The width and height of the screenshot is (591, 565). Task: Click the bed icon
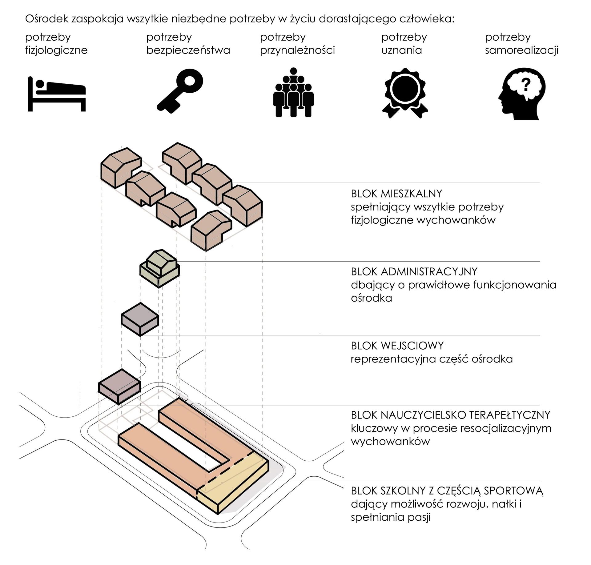pyautogui.click(x=57, y=94)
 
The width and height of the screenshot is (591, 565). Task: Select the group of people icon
pyautogui.click(x=293, y=92)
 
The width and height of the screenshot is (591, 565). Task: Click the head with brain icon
pyautogui.click(x=522, y=94)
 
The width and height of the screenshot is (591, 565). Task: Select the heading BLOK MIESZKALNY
pyautogui.click(x=396, y=194)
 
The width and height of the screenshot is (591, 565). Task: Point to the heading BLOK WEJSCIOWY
pyautogui.click(x=397, y=346)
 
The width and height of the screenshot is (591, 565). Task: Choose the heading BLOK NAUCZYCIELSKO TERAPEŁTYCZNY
pyautogui.click(x=450, y=415)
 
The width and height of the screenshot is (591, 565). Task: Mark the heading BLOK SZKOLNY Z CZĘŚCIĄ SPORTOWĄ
pyautogui.click(x=447, y=491)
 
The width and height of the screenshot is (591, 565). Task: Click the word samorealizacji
pyautogui.click(x=521, y=50)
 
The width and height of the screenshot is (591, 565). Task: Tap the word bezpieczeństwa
pyautogui.click(x=188, y=50)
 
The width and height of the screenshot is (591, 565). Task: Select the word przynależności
pyautogui.click(x=297, y=50)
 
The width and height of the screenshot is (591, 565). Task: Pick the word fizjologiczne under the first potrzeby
pyautogui.click(x=56, y=50)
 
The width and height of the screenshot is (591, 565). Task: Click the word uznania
pyautogui.click(x=401, y=50)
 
